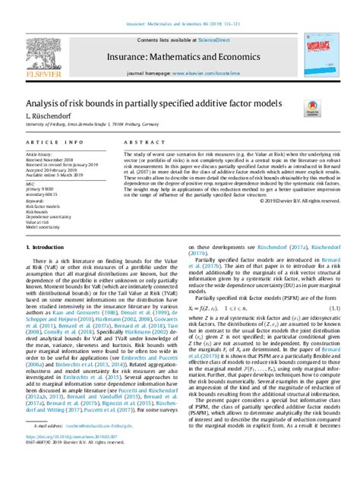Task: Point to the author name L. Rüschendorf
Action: point(44,115)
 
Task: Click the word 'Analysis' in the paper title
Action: point(45,103)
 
